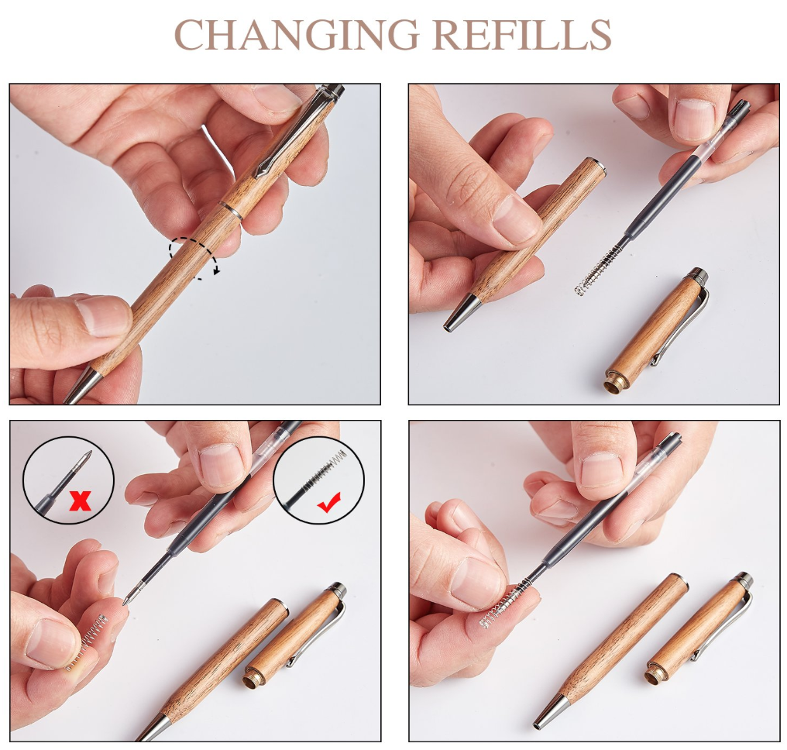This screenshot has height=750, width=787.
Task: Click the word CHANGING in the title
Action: [296, 35]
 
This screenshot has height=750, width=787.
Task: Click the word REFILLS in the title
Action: [522, 35]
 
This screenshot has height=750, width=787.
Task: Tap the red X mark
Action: [80, 500]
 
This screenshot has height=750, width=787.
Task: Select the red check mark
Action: [328, 502]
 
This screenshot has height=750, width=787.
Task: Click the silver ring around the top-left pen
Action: [231, 210]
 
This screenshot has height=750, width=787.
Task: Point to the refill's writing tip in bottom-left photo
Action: [126, 598]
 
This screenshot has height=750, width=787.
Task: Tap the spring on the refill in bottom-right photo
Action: [504, 602]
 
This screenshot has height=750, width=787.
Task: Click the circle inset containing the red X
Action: [68, 480]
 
